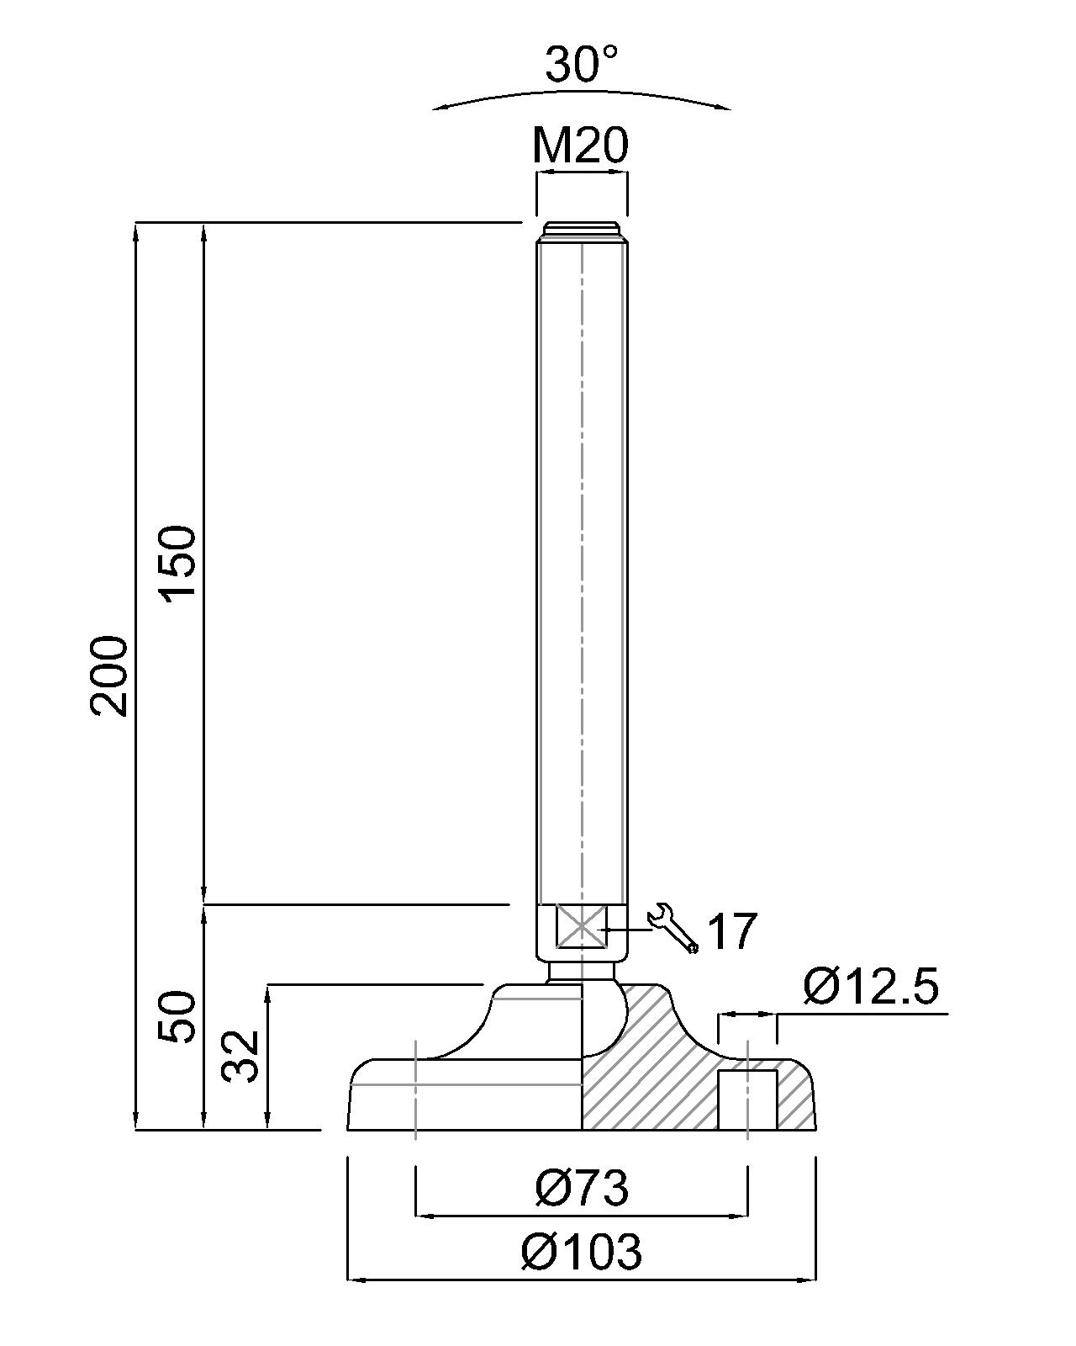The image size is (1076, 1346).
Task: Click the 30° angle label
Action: [x=582, y=65]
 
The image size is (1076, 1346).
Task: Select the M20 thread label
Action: [x=580, y=146]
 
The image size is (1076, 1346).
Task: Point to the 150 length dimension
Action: [x=178, y=562]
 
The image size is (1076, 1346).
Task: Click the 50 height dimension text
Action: [x=178, y=1016]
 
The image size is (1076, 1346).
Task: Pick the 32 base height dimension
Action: [x=240, y=1057]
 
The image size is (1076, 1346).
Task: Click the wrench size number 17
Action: [x=731, y=930]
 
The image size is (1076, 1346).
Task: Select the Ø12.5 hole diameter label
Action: [x=870, y=986]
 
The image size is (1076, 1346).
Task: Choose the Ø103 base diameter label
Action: [x=582, y=1252]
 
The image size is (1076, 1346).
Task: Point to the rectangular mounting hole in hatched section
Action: [x=746, y=1100]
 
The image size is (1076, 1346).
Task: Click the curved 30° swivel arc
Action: [x=582, y=93]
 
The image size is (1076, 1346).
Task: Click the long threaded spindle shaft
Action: [x=582, y=572]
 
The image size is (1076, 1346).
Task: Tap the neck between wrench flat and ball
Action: [x=582, y=972]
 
